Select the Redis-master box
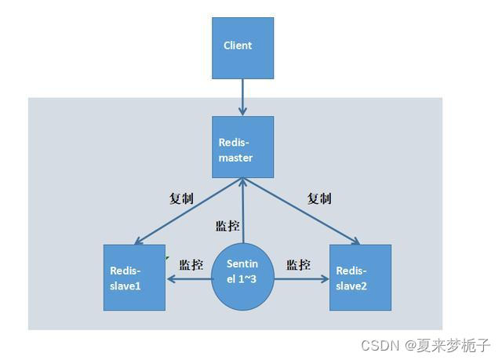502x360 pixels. [242, 148]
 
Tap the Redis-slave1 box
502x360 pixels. [134, 277]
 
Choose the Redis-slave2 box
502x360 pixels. [360, 277]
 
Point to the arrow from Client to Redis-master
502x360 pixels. [242, 96]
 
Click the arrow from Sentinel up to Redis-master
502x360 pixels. [243, 212]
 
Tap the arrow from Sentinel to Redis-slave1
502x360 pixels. [188, 278]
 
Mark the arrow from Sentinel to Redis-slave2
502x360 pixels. [300, 278]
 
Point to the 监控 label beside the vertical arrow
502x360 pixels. [227, 226]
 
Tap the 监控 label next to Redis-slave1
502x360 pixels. [191, 264]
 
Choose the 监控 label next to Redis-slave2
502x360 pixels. [299, 264]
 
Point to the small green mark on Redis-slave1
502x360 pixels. [166, 256]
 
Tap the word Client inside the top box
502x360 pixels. [238, 45]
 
